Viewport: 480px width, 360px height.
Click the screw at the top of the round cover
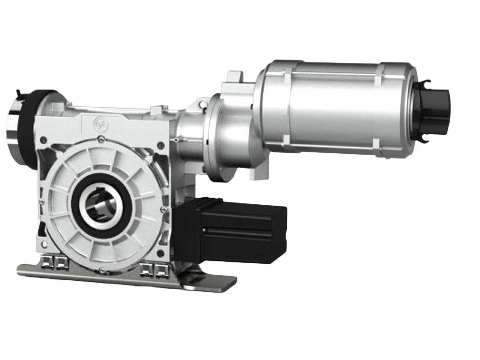(102, 140)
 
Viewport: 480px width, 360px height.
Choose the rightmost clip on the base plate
(162, 270)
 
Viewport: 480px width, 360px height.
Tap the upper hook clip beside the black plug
(427, 83)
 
